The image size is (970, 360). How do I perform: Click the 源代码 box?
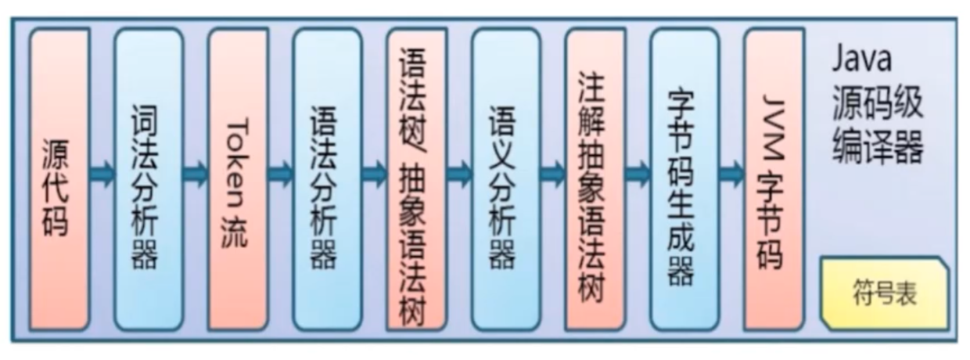[59, 179]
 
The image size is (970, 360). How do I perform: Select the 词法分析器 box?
[149, 179]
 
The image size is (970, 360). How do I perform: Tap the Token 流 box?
[238, 179]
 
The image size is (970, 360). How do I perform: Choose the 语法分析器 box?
[327, 179]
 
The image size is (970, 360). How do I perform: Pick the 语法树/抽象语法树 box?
[417, 179]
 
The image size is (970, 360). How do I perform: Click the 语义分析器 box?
[506, 179]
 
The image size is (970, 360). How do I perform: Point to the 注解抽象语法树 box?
[595, 179]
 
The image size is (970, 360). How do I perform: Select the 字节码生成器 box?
[684, 179]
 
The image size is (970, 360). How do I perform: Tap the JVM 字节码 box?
[774, 179]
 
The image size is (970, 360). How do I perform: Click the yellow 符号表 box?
[885, 293]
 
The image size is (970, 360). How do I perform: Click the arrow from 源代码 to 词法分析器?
[102, 174]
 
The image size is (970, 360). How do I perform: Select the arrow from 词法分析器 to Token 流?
[196, 174]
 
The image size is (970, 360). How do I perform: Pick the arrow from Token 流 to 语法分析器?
[281, 174]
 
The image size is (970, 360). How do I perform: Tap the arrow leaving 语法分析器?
[375, 174]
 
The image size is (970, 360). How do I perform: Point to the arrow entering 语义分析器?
[460, 174]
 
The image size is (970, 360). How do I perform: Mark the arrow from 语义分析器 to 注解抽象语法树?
[553, 174]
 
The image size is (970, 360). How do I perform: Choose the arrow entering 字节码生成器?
[638, 174]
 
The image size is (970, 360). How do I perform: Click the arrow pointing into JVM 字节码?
[732, 174]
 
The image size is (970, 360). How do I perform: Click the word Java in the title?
[862, 59]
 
